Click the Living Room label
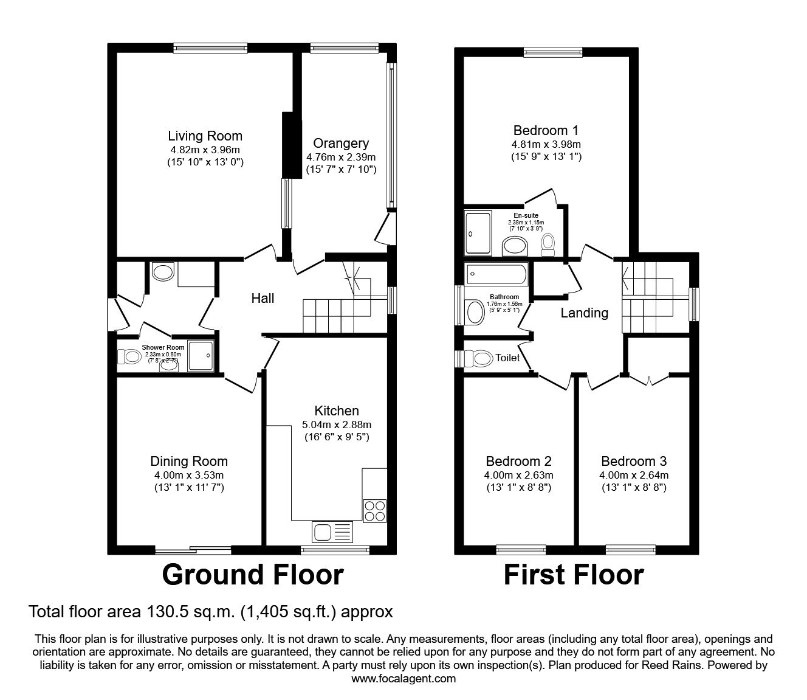click(205, 136)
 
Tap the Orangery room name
click(341, 144)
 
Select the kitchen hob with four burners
click(374, 510)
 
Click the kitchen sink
click(332, 532)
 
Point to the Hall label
click(263, 298)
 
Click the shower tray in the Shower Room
click(201, 355)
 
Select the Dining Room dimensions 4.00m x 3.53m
click(189, 475)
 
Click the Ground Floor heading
click(253, 575)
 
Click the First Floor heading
click(573, 575)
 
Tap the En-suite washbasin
click(516, 246)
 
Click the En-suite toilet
click(549, 243)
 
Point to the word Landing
click(584, 313)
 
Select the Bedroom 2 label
click(518, 461)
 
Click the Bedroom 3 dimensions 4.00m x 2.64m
click(634, 475)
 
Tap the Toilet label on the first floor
click(507, 358)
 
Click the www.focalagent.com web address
click(403, 679)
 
